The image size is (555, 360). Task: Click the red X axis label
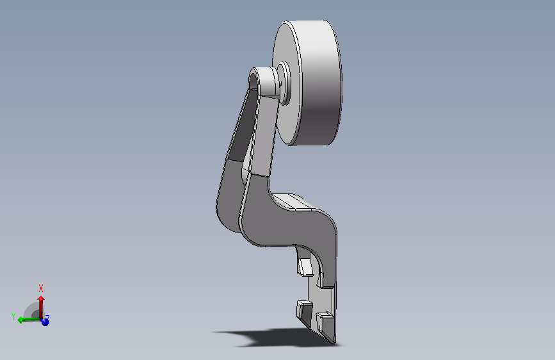tap(41, 288)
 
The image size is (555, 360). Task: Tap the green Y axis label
tap(13, 316)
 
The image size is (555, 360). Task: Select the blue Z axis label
tap(47, 317)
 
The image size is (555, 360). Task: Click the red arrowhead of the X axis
tap(41, 299)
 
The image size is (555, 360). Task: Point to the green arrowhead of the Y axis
tap(20, 320)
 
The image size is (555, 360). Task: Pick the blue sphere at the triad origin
tap(45, 322)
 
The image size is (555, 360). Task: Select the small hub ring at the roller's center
tap(284, 83)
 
